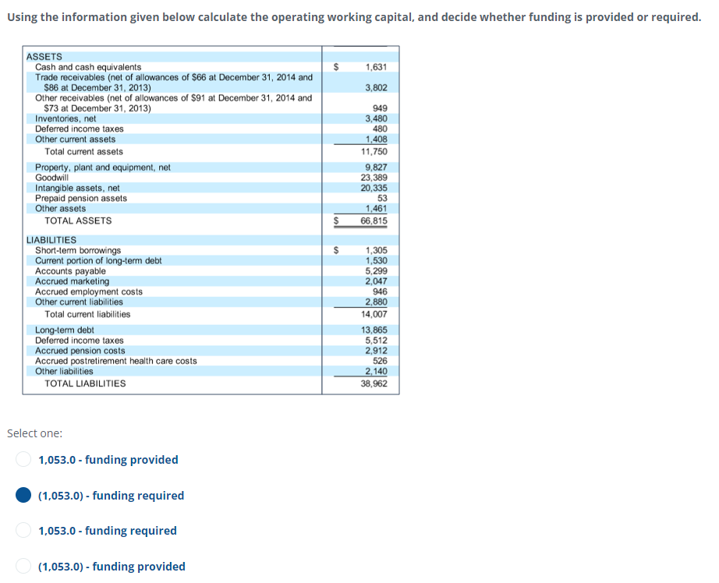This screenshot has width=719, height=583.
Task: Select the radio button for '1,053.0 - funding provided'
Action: pos(25,460)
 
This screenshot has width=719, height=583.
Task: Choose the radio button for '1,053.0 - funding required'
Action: pos(25,531)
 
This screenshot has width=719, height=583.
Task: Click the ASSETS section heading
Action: pos(44,57)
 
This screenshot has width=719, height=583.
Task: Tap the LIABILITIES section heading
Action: pos(51,240)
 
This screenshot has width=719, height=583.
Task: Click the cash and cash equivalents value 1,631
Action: pos(376,67)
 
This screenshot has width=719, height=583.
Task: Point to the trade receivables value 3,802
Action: pos(376,87)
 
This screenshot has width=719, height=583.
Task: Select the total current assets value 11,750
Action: pos(374,151)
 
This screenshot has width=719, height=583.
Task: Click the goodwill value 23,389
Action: pos(374,178)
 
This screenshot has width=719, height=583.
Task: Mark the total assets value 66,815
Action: pos(374,221)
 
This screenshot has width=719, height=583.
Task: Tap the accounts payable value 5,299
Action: pos(376,271)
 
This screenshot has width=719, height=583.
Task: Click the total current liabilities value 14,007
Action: pos(374,314)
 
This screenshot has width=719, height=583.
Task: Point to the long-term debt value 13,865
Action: pos(374,330)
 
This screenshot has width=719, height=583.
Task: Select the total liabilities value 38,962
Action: pos(374,383)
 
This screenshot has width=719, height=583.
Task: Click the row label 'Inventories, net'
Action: pos(66,118)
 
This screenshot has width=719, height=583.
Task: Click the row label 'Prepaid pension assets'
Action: pos(81,198)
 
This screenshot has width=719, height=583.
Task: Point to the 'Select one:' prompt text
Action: pos(35,433)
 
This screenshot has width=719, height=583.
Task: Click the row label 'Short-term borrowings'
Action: pos(78,250)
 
